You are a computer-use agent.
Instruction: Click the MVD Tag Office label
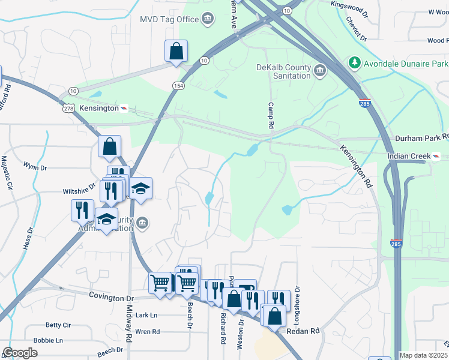(x=169, y=19)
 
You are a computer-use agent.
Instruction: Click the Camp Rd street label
(x=271, y=117)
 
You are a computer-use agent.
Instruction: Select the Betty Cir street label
(x=58, y=325)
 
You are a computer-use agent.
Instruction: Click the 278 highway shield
(x=68, y=109)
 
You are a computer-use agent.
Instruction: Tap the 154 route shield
(x=178, y=86)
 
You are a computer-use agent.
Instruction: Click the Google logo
(x=20, y=353)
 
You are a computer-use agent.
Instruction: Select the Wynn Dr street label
(x=34, y=166)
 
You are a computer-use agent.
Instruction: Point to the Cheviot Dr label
(x=356, y=28)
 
